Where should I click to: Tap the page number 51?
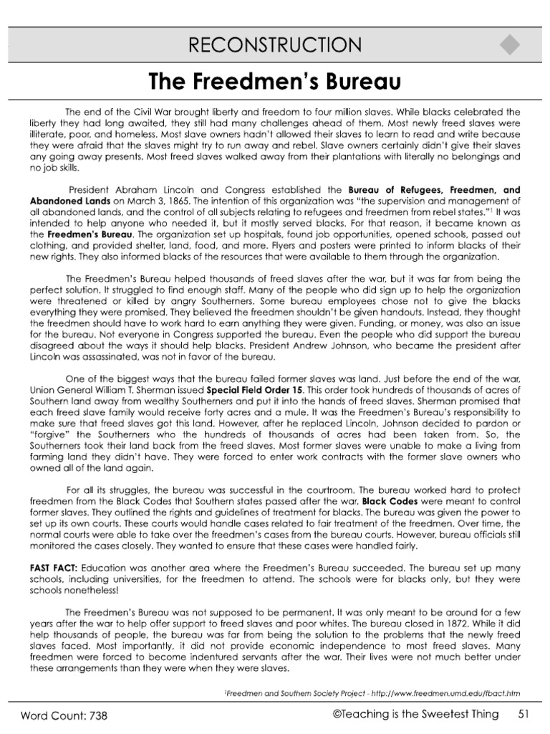click(524, 714)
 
